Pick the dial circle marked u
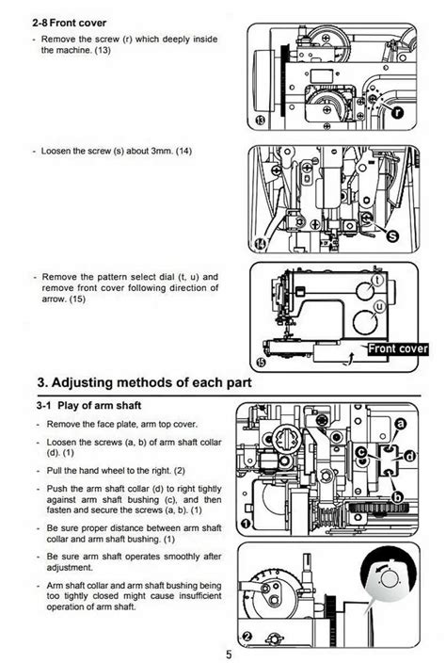379,307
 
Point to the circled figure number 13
260,122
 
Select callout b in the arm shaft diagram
397,497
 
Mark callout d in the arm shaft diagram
409,455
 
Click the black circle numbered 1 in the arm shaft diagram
246,524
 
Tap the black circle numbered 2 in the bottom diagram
246,637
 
